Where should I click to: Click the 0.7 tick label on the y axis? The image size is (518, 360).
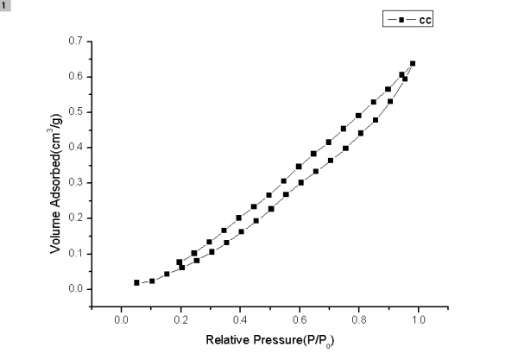(x=76, y=41)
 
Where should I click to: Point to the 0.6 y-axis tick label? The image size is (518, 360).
(x=76, y=76)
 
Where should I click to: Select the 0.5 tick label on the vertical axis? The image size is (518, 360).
(x=76, y=111)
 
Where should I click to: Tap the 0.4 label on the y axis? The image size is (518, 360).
(x=76, y=147)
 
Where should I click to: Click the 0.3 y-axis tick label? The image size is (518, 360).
(x=76, y=182)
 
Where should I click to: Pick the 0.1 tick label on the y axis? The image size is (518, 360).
(x=76, y=253)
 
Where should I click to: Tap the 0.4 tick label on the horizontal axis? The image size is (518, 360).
(x=239, y=320)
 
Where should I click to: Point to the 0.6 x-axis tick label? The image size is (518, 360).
(x=299, y=320)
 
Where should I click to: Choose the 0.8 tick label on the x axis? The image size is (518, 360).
(x=358, y=320)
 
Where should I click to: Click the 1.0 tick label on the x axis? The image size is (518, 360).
(x=418, y=320)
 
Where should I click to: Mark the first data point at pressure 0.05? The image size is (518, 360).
(x=136, y=282)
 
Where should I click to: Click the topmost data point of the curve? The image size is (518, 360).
(x=413, y=63)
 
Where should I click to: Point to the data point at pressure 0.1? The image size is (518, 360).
(x=152, y=281)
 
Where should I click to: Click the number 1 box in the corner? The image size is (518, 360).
(x=5, y=5)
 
